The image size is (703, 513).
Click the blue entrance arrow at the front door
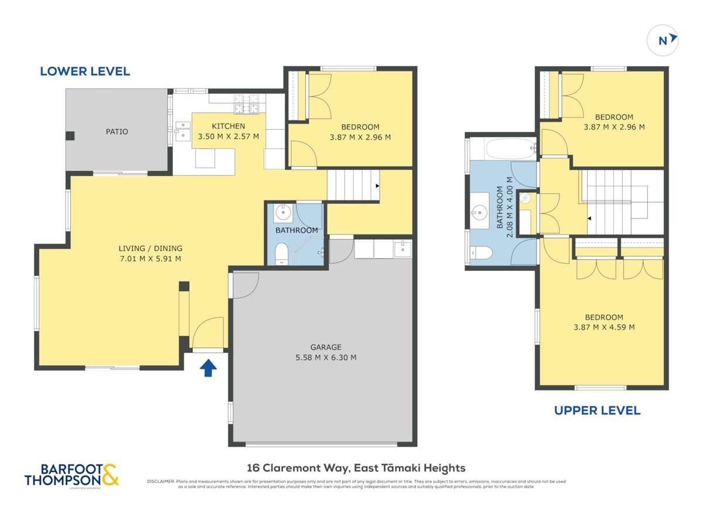point(209,368)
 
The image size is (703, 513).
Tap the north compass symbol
point(663,40)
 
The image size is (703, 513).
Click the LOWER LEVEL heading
point(85,72)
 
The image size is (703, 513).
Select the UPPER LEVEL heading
point(597,410)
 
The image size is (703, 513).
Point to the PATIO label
point(117,131)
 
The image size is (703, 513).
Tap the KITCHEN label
point(228,126)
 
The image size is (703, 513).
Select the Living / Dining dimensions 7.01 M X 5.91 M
point(150,258)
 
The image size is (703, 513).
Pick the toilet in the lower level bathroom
point(282,256)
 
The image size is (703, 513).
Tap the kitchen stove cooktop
point(243,104)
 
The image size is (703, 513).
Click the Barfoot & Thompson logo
point(71,474)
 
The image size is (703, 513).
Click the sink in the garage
point(402,249)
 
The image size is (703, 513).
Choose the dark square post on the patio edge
point(70,136)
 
